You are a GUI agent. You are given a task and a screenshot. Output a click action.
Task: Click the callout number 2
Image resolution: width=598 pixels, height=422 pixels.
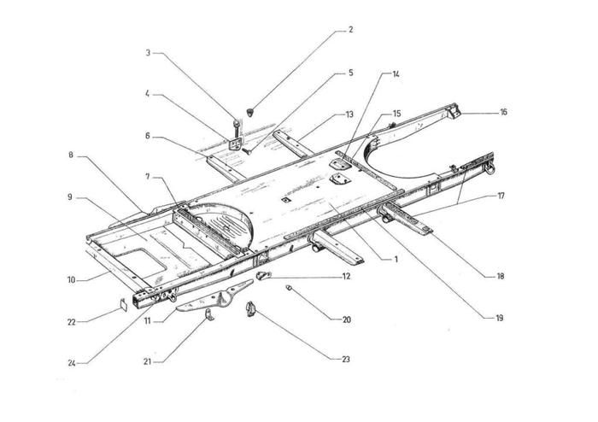pyautogui.click(x=349, y=30)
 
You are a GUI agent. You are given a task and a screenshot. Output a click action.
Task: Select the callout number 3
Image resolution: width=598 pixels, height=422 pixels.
pyautogui.click(x=148, y=53)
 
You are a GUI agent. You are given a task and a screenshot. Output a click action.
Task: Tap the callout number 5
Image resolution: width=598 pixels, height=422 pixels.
pyautogui.click(x=349, y=73)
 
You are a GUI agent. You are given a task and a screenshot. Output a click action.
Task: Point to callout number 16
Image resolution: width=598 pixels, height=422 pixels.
pyautogui.click(x=503, y=112)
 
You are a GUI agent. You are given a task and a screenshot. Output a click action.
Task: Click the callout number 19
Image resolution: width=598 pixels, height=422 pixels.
pyautogui.click(x=499, y=318)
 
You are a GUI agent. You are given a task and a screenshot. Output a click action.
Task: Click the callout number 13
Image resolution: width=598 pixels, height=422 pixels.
pyautogui.click(x=349, y=114)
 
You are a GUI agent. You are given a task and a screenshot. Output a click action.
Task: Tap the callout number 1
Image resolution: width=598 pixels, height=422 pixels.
pyautogui.click(x=396, y=257)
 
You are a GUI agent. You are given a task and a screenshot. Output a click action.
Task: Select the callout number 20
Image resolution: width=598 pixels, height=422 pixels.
pyautogui.click(x=347, y=319)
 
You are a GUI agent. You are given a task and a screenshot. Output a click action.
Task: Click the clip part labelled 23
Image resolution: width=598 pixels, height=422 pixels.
pyautogui.click(x=251, y=309)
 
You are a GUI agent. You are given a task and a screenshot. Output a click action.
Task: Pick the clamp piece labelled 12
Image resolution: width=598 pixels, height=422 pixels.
pyautogui.click(x=264, y=275)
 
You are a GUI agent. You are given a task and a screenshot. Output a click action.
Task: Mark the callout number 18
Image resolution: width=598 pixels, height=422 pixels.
pyautogui.click(x=499, y=276)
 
